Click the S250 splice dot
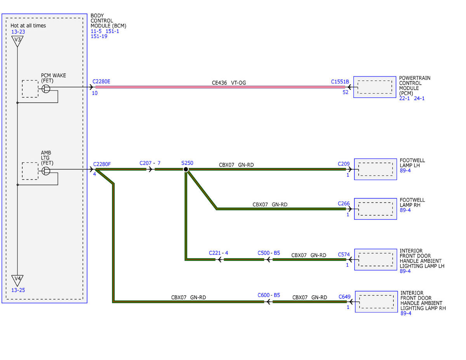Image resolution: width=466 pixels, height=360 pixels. tap(186, 169)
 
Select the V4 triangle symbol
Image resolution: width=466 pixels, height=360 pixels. tap(17, 280)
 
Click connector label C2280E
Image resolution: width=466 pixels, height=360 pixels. tap(101, 82)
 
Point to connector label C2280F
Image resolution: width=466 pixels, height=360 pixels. tap(102, 164)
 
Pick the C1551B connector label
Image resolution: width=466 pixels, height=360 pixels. tap(340, 82)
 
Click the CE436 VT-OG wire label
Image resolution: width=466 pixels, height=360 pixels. tap(229, 83)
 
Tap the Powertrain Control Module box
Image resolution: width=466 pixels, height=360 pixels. tap(375, 87)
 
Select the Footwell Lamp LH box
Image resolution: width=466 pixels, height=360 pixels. tap(376, 169)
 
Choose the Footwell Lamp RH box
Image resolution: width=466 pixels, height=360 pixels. tap(376, 209)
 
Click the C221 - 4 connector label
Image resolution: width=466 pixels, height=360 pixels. tap(218, 253)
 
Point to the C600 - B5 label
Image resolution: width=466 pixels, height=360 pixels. tap(269, 295)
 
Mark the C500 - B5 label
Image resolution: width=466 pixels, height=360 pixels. tap(269, 253)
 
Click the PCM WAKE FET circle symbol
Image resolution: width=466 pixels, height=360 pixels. tap(46, 89)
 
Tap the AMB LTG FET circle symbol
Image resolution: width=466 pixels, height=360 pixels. tap(46, 171)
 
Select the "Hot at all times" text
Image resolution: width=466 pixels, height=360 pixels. tap(28, 26)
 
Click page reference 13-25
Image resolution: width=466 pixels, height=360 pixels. tap(18, 290)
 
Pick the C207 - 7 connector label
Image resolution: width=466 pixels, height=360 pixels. tap(150, 163)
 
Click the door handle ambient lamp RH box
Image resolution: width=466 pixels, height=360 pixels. tap(376, 302)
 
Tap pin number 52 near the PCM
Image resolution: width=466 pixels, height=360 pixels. tap(346, 92)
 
